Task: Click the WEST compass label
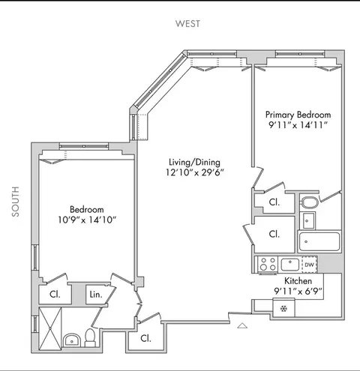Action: [x=187, y=23]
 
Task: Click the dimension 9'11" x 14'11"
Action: [x=298, y=125]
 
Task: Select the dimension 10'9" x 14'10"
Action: [x=87, y=220]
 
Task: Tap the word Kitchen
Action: [x=297, y=280]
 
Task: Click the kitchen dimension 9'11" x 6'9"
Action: [x=297, y=291]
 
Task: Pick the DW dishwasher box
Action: [x=308, y=264]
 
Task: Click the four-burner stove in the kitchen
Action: [x=266, y=264]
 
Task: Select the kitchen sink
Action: [x=289, y=264]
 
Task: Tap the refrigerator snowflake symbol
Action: [x=283, y=307]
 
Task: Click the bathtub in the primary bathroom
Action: [x=319, y=241]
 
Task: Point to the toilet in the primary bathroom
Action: [x=309, y=201]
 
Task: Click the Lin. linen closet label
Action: [x=96, y=295]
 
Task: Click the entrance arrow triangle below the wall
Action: [x=241, y=326]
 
